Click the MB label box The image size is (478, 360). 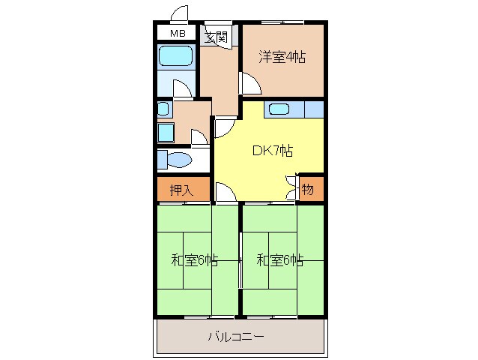point(177,34)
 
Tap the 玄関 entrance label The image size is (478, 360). point(217,36)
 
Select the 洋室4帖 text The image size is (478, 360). point(282,56)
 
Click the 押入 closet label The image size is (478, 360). point(181,190)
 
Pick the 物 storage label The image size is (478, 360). point(307,190)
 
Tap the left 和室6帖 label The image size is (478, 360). point(194,261)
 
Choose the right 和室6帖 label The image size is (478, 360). point(279,261)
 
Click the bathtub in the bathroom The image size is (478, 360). point(176,56)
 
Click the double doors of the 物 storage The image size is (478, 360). point(291,187)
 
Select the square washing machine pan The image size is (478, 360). point(165,133)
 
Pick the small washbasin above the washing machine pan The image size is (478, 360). point(163,109)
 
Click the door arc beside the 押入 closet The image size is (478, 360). point(224,192)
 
